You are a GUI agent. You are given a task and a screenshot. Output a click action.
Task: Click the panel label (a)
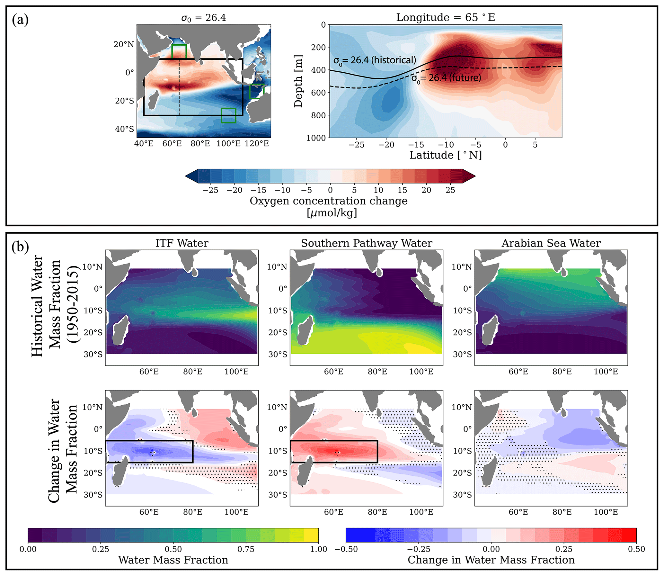[x=20, y=20]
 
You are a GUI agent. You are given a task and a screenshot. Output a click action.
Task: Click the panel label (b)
[x=20, y=247]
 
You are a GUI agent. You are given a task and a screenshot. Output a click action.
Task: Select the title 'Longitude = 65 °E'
[x=446, y=17]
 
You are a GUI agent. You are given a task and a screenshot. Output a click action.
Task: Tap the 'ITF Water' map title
[x=182, y=243]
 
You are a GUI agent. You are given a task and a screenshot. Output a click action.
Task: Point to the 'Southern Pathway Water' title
[x=367, y=243]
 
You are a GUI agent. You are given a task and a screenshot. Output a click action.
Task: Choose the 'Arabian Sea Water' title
[x=551, y=243]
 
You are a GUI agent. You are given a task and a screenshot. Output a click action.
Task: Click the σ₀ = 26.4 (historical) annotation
[x=375, y=60]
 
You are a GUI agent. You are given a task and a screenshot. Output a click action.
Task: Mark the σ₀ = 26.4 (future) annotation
[x=446, y=78]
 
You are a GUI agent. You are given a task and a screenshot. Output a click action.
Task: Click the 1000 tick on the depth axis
[x=316, y=138]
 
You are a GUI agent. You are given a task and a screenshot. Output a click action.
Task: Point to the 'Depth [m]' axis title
[x=298, y=81]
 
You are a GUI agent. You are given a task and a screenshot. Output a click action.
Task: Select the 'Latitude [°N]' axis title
[x=446, y=155]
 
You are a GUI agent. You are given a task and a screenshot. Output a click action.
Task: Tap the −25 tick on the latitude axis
[x=357, y=145]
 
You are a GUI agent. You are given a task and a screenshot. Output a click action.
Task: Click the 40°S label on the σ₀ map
[x=125, y=129]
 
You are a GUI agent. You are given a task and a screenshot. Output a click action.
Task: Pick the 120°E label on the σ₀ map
[x=257, y=143]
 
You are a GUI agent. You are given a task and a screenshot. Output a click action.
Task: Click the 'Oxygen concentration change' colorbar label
[x=329, y=201]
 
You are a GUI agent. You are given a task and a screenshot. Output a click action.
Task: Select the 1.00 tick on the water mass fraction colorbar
[x=318, y=549]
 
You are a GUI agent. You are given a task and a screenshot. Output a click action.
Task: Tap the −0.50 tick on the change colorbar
[x=346, y=549]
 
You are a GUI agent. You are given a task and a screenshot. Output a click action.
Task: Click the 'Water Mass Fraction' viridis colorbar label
[x=173, y=560]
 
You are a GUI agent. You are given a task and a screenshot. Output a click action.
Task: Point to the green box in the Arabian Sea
[x=179, y=52]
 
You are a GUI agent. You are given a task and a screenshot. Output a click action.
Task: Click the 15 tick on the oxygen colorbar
[x=402, y=190]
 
